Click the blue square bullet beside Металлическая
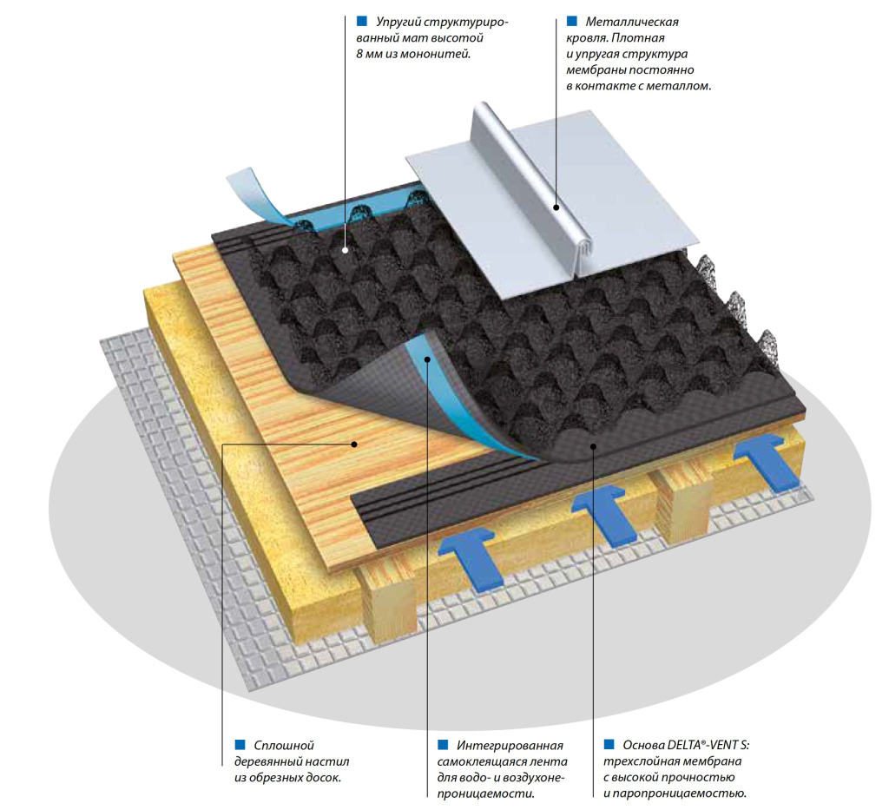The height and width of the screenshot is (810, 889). (x=571, y=20)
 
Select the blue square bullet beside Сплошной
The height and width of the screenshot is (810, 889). (x=240, y=744)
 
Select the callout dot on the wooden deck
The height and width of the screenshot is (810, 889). (x=354, y=444)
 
